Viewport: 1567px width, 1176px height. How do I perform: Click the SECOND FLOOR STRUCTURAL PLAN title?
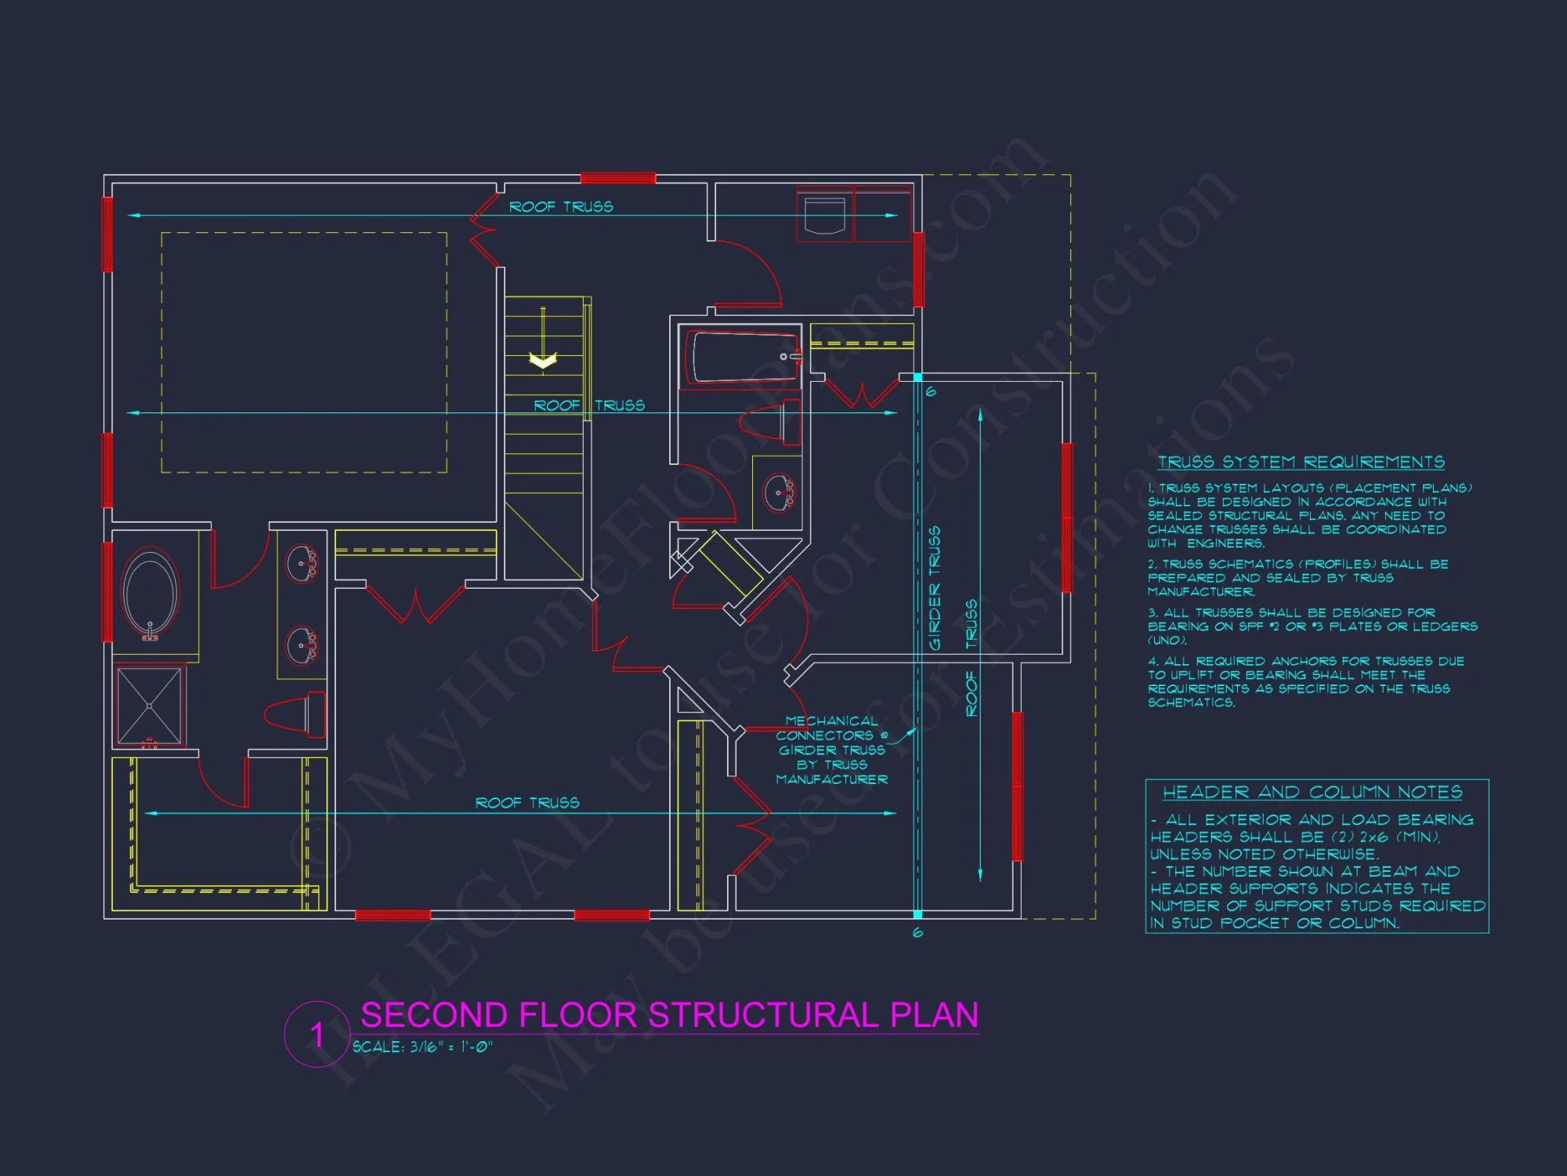pos(669,1015)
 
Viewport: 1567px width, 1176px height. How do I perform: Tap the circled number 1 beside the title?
pos(317,1034)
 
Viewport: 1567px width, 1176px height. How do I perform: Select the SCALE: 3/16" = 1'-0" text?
pos(422,1047)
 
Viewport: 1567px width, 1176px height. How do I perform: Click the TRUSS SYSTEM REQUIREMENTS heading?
pos(1301,463)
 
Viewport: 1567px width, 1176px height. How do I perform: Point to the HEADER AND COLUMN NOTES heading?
pos(1312,793)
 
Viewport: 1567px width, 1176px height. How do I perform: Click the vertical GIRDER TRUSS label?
pos(934,588)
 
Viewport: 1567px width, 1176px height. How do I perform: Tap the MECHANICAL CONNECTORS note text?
pos(831,750)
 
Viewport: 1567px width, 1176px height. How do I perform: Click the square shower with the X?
pos(149,706)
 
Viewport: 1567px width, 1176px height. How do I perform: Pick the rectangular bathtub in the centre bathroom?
pos(741,357)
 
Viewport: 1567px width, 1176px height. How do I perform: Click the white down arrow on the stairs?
pos(543,360)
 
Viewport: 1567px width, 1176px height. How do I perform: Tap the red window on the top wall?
pos(617,179)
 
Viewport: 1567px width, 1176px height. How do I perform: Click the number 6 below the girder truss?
pos(917,932)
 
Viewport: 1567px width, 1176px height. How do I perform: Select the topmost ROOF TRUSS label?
pos(561,207)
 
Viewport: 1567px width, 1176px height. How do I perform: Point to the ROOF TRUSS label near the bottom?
pos(527,803)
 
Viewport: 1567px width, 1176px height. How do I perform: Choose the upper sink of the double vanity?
pos(302,563)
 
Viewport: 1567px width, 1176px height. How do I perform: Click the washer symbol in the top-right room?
pos(824,216)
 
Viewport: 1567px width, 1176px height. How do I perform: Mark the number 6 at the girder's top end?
pos(931,391)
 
